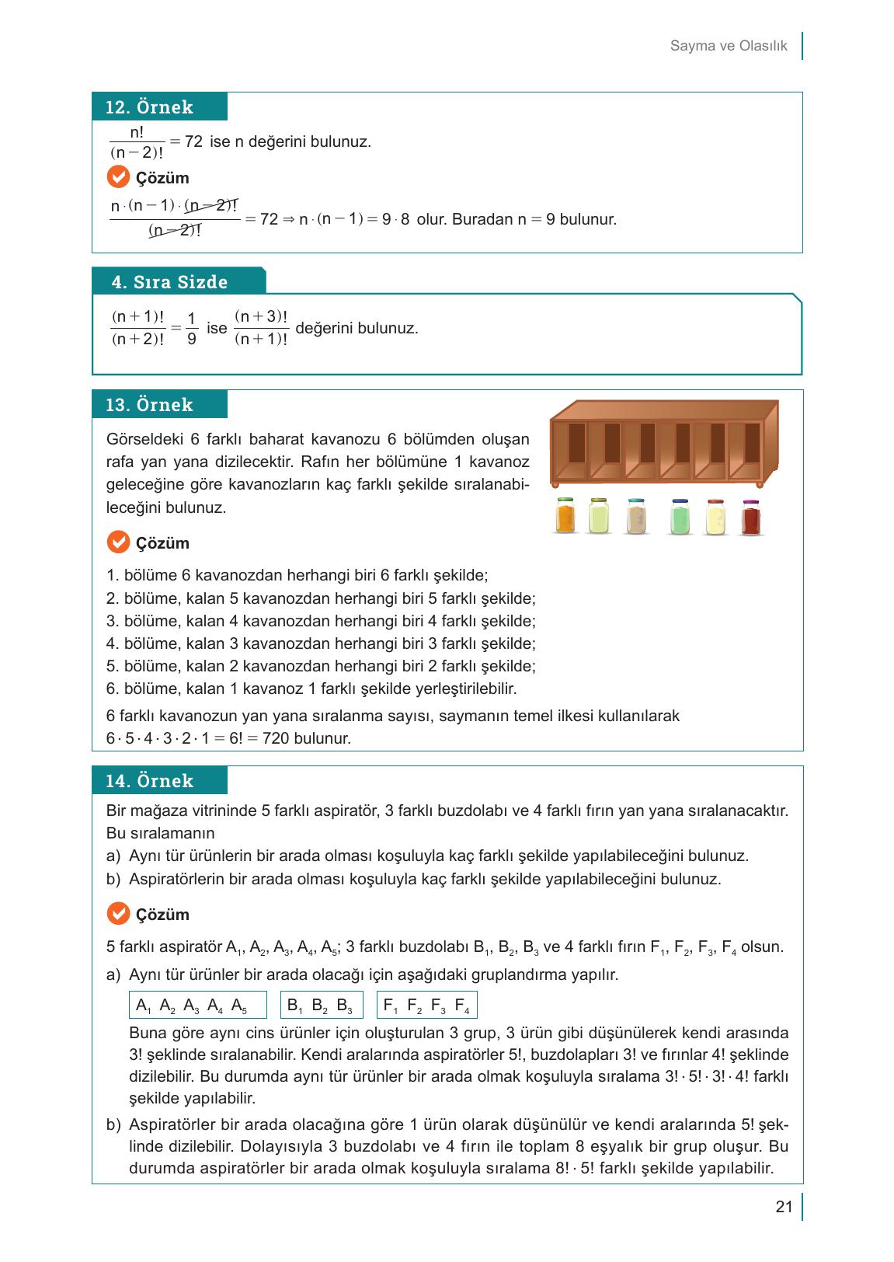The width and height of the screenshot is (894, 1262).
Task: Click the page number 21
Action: tap(784, 1207)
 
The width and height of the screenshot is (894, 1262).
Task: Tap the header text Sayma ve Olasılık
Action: tap(729, 46)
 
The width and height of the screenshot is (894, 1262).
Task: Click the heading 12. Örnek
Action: tap(149, 107)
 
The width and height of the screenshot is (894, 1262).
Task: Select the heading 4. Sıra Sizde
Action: tap(169, 282)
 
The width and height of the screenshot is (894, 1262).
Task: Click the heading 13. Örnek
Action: tap(149, 405)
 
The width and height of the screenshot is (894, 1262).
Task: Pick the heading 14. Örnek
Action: tap(149, 781)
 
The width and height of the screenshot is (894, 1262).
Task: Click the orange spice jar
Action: tap(565, 516)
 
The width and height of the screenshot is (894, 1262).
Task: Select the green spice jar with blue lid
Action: tap(680, 517)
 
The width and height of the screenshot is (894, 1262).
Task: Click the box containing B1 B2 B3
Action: tap(319, 1006)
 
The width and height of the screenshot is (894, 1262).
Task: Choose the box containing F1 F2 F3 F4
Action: tap(426, 1006)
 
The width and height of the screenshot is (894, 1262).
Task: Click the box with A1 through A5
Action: tap(197, 1006)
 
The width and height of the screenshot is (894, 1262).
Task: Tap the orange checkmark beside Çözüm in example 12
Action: tap(117, 178)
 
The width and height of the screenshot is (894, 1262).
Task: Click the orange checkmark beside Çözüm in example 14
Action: tap(117, 914)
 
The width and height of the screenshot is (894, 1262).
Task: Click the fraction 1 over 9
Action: tap(191, 329)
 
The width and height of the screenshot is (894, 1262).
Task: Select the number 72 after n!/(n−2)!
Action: tap(193, 141)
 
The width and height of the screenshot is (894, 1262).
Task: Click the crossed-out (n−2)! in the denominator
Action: tap(175, 232)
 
